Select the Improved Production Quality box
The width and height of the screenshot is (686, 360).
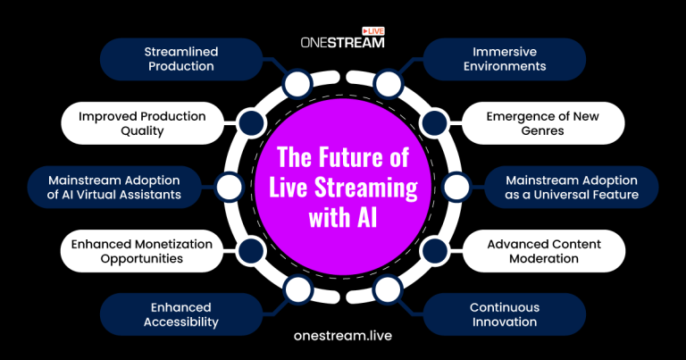coord(143,123)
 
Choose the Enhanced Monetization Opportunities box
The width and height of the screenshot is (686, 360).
coord(143,250)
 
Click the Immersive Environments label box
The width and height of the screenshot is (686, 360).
coord(505,60)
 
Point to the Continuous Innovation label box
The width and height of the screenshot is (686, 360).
coord(505,314)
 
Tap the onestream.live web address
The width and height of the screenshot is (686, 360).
coord(342,336)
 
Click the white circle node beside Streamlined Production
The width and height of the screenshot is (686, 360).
coord(297,86)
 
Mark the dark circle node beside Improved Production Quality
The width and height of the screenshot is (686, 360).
coord(251,123)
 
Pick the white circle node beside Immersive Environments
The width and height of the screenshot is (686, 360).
coord(387,86)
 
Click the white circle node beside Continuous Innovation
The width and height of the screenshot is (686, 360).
coord(387,288)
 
